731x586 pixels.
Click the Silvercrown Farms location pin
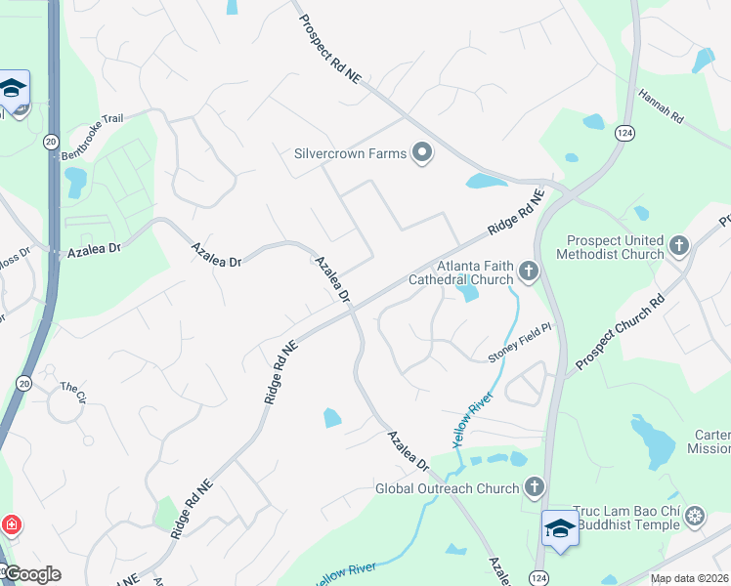pyautogui.click(x=422, y=153)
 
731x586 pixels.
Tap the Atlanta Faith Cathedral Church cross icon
pyautogui.click(x=529, y=271)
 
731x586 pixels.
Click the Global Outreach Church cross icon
pyautogui.click(x=534, y=486)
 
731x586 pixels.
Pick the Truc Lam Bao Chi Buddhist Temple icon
pyautogui.click(x=695, y=515)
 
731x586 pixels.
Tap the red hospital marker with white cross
pyautogui.click(x=11, y=525)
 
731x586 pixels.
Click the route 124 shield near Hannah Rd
pyautogui.click(x=623, y=132)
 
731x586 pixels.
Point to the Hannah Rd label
pyautogui.click(x=661, y=105)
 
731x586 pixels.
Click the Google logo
pyautogui.click(x=31, y=574)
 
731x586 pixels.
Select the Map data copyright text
pyautogui.click(x=690, y=578)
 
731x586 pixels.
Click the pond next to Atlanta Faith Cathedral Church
pyautogui.click(x=468, y=290)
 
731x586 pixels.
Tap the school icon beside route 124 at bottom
pyautogui.click(x=560, y=527)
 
